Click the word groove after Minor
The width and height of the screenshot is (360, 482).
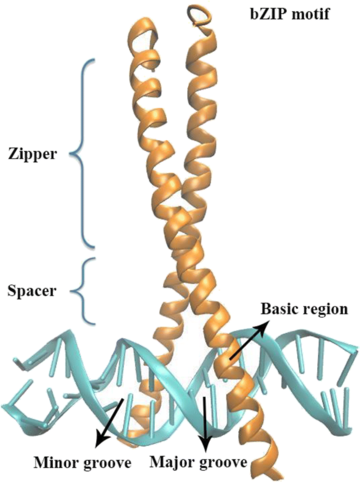(105, 463)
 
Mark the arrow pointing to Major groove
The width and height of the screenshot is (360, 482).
(204, 420)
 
